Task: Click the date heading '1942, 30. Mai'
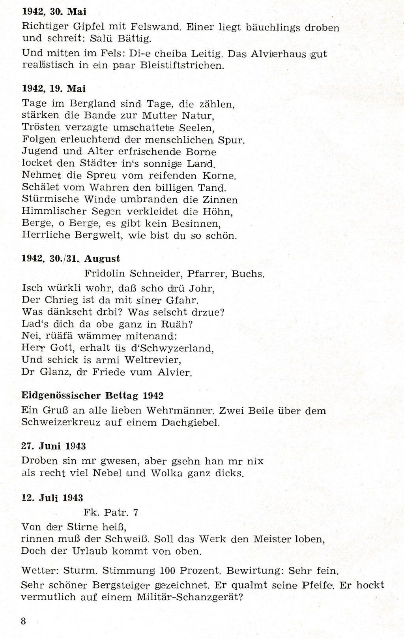pyautogui.click(x=54, y=12)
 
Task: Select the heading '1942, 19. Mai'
pyautogui.click(x=54, y=88)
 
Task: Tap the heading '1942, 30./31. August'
pyautogui.click(x=71, y=259)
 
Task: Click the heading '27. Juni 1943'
pyautogui.click(x=53, y=446)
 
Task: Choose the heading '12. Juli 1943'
pyautogui.click(x=52, y=498)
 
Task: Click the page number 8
pyautogui.click(x=23, y=620)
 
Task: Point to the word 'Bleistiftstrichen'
pyautogui.click(x=182, y=65)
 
